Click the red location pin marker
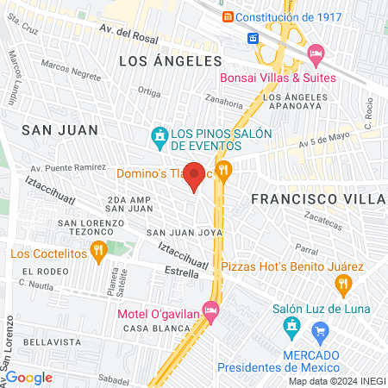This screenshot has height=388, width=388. tap(195, 175)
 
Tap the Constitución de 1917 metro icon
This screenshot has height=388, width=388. tap(227, 17)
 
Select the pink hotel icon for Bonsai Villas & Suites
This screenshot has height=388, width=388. tap(316, 53)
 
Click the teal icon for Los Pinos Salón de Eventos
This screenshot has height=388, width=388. tap(159, 135)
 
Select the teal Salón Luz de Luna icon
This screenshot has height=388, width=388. tap(291, 327)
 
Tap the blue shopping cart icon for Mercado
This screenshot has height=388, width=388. tap(320, 330)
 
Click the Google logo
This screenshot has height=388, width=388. tap(28, 377)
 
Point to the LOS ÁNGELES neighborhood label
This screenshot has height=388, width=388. tap(170, 61)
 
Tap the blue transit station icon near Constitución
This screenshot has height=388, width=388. tap(254, 38)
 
